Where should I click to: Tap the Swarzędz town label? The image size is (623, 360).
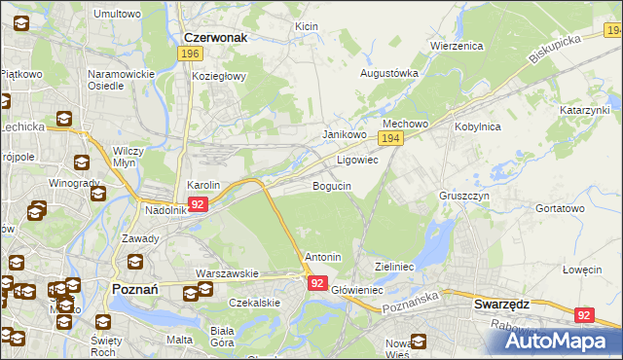point(501,304)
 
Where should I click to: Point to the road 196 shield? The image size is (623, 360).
point(190,54)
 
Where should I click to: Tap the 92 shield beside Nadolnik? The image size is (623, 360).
point(199,204)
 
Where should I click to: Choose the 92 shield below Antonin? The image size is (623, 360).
point(317,282)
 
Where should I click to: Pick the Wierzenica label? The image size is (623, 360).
point(457,46)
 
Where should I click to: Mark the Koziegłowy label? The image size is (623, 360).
point(220,76)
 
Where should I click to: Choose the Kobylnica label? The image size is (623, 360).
point(476,126)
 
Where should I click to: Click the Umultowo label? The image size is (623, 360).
point(117,15)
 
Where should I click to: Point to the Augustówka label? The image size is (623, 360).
point(389,73)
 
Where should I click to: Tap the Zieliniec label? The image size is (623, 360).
point(395,266)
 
